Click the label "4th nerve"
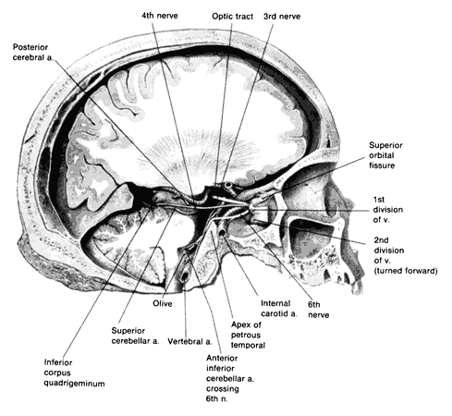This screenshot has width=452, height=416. (x=160, y=16)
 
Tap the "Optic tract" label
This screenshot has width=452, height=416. (x=233, y=16)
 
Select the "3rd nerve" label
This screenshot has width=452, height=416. (x=282, y=16)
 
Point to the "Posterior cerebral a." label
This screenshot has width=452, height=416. (x=33, y=53)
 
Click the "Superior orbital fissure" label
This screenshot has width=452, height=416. (x=385, y=155)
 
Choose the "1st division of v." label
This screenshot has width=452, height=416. (x=388, y=210)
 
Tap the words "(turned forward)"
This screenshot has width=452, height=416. (x=406, y=271)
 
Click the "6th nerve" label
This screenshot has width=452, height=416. (x=319, y=310)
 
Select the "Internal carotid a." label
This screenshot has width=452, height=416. (x=279, y=309)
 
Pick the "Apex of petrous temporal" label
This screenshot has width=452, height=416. (x=248, y=335)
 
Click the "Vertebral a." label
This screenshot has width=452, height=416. (x=189, y=341)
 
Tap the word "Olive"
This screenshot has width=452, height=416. (x=163, y=303)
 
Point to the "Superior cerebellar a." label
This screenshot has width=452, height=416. (x=135, y=336)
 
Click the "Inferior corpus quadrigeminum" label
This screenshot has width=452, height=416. (x=74, y=373)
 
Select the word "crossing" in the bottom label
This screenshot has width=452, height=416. (x=223, y=388)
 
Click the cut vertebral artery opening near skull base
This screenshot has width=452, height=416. (x=185, y=277)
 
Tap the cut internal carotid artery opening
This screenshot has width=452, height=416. (x=222, y=234)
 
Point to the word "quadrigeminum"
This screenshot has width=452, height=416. (x=74, y=384)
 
